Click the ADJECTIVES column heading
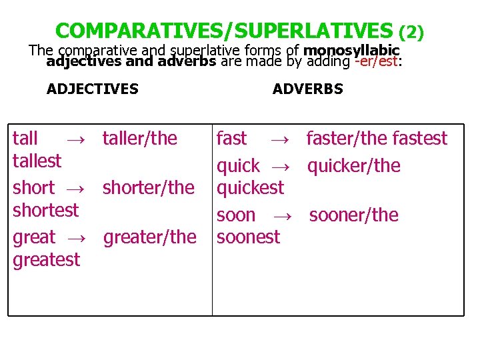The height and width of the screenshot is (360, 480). [92, 89]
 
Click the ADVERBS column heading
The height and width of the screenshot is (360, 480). [307, 89]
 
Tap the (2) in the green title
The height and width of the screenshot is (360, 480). [411, 31]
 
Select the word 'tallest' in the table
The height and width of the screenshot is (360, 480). [37, 161]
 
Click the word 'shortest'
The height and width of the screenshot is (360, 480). [45, 210]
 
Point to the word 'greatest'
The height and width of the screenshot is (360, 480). [47, 259]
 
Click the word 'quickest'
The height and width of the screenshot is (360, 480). [250, 188]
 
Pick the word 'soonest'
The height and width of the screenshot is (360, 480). [248, 237]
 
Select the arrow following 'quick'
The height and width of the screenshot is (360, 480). [279, 166]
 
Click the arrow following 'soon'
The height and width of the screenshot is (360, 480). [283, 215]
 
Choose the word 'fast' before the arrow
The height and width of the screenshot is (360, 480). [231, 139]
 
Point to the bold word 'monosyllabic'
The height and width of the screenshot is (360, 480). [351, 50]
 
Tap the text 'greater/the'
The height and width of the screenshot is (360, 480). [150, 237]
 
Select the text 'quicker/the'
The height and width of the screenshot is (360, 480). [354, 166]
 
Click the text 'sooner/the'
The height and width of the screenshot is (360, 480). [353, 215]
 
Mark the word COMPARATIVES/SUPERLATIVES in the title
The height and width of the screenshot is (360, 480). [224, 31]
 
